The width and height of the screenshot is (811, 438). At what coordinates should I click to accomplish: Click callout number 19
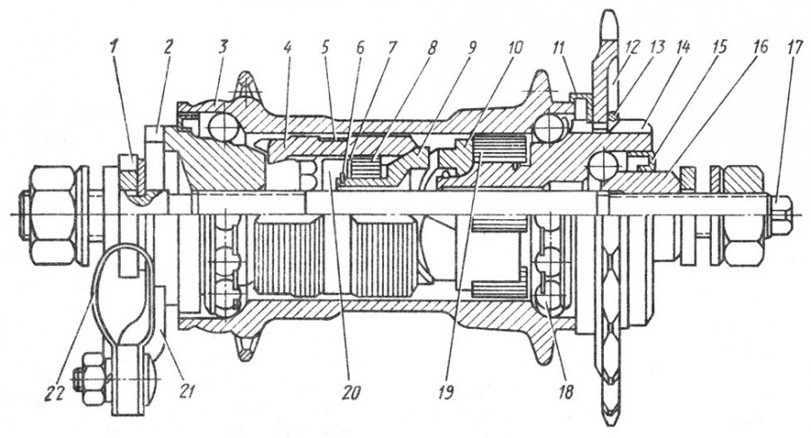pos(445,392)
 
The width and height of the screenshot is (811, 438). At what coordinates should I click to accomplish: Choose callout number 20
pos(351,392)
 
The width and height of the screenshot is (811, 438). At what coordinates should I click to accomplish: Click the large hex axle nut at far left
pos(53,215)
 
